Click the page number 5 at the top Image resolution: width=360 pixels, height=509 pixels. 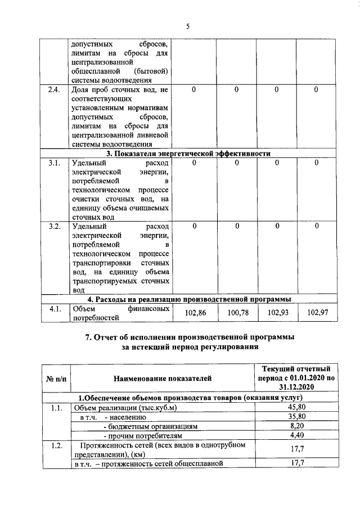[188, 26]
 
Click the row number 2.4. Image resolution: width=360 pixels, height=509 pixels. [55, 89]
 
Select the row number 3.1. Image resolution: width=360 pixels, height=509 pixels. [55, 163]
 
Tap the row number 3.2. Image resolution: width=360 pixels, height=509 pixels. [55, 226]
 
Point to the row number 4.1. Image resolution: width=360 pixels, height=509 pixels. [55, 308]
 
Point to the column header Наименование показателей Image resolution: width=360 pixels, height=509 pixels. [163, 379]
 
